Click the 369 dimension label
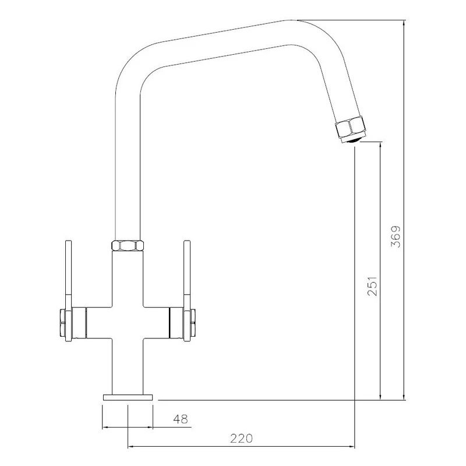click(x=396, y=237)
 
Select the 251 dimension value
click(x=372, y=286)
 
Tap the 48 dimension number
click(x=181, y=419)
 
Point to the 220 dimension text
click(x=241, y=439)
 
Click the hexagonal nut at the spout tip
click(x=349, y=128)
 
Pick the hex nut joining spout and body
click(x=128, y=245)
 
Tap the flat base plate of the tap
click(x=128, y=397)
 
